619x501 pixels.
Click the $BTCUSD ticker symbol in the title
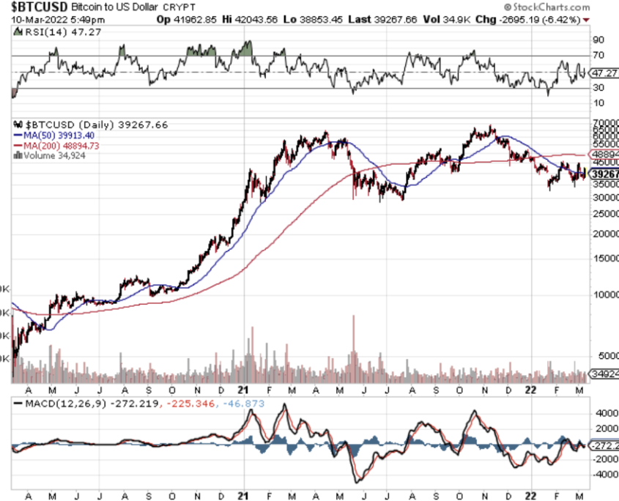tap(30, 6)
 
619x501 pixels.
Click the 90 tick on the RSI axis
tap(598, 40)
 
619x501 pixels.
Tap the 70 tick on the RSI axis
tap(598, 56)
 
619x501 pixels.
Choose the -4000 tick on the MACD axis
tap(604, 474)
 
